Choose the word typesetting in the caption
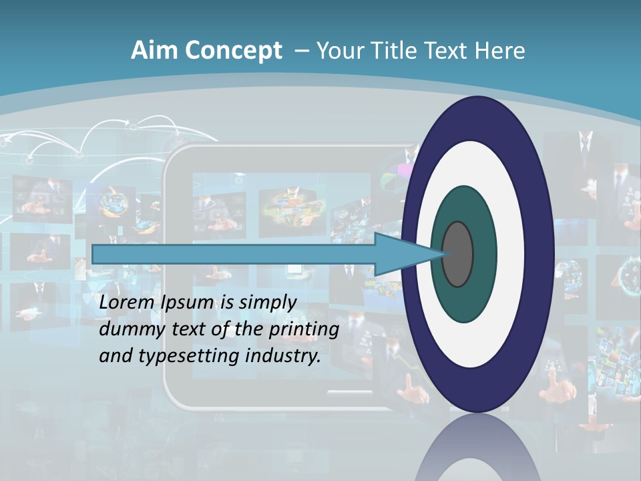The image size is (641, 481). coord(188,356)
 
